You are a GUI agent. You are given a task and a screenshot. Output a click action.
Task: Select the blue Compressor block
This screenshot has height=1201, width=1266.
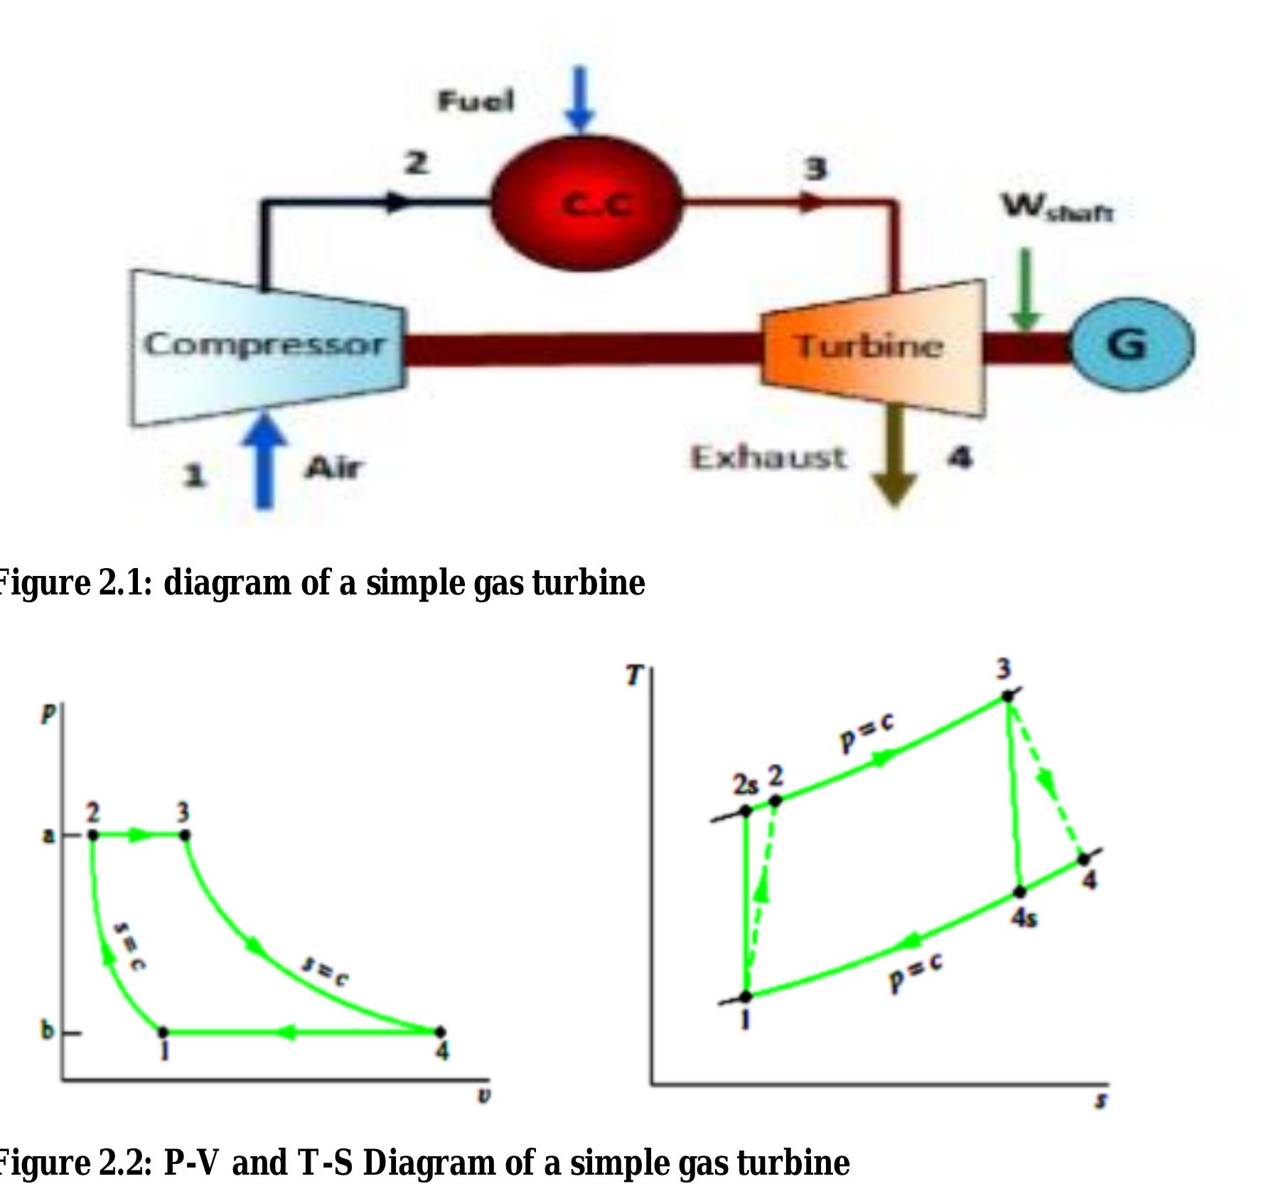pos(267,347)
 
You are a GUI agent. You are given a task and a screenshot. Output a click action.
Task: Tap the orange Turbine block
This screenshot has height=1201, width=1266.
pos(873,347)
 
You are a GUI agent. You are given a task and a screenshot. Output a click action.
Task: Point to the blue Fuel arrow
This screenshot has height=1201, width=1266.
pos(581,100)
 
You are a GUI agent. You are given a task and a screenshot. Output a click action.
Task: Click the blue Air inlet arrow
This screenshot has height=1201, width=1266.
pos(264,460)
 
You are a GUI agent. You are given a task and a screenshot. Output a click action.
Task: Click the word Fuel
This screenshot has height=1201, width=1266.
pos(475,101)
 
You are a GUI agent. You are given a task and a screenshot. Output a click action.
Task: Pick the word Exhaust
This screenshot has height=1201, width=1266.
pos(768,457)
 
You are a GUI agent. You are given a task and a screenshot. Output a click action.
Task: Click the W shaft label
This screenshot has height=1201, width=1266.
pos(1058,208)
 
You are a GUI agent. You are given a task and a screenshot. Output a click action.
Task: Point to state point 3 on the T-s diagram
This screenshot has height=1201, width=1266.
pos(1007,696)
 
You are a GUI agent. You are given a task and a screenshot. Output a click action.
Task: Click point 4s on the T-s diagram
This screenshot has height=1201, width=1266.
pos(1019,892)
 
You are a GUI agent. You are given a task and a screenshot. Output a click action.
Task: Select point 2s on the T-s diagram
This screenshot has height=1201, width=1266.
pos(746,811)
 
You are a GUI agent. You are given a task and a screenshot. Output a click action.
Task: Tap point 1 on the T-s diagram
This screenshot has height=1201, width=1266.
pos(746,997)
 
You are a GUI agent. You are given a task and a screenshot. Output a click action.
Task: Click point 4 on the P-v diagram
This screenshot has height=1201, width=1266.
pos(440,1031)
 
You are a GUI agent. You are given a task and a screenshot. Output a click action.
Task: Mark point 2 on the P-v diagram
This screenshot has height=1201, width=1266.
pos(92,835)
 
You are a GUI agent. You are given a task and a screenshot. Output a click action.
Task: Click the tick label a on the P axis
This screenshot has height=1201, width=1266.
pos(48,835)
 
